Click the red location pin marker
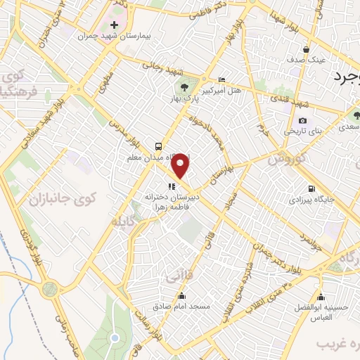[182, 166]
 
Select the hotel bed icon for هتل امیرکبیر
[222, 79]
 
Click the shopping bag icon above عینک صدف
[307, 49]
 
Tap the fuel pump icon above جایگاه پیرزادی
[311, 188]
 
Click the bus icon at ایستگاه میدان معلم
[158, 146]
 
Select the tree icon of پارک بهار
[184, 87]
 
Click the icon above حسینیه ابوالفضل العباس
[321, 296]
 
